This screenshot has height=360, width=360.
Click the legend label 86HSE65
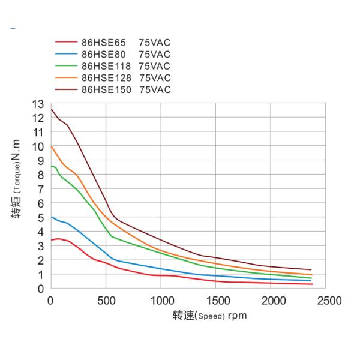pos(103,43)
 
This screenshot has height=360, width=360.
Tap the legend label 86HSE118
pos(106,66)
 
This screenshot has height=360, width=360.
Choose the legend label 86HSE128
pos(106,78)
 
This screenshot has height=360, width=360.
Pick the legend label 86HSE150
pos(106,90)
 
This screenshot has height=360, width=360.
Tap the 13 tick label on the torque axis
pos(38,104)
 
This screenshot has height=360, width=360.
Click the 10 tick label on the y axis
pos(38,146)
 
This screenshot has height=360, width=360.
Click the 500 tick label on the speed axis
pos(106,300)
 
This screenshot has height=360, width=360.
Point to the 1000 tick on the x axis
pos(161,300)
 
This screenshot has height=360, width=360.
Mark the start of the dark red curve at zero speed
pos(52,109)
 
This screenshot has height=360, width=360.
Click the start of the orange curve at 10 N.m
pos(52,146)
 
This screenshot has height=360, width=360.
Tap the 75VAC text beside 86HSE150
pos(155,90)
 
